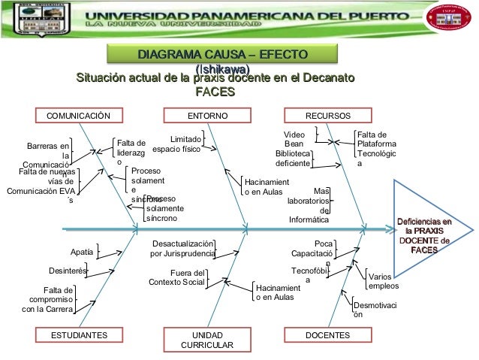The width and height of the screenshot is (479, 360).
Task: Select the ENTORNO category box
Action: click(x=206, y=116)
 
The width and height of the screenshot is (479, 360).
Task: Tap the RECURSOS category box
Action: click(x=327, y=116)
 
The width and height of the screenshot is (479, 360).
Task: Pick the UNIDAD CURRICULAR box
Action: click(x=207, y=340)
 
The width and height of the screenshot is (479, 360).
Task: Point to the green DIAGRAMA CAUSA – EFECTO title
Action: click(x=221, y=55)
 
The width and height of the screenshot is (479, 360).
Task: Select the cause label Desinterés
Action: click(x=67, y=269)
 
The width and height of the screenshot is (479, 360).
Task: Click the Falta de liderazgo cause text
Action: click(x=130, y=153)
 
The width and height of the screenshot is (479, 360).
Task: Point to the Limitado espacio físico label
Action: click(x=176, y=144)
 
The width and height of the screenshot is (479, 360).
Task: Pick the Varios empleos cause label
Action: click(x=383, y=282)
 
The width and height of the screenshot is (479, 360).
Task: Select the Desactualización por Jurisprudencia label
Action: click(x=182, y=249)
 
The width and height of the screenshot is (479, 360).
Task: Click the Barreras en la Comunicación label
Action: click(x=49, y=154)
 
